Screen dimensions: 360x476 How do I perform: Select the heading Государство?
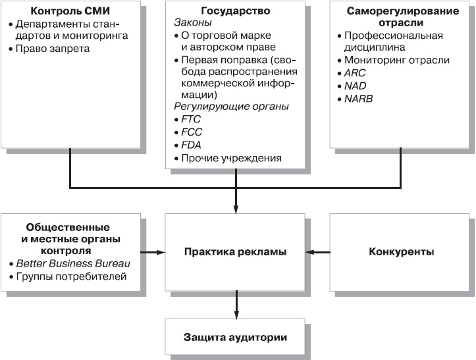236,12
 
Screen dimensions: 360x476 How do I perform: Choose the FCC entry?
192,132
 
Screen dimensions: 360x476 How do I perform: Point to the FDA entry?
192,145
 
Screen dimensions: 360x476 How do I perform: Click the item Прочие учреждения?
230,158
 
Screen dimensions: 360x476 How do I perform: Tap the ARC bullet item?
355,73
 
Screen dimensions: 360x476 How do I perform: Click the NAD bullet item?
355,86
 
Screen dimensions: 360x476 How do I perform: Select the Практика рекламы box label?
236,251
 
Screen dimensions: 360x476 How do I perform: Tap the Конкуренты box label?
401,251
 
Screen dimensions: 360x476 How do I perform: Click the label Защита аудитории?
236,338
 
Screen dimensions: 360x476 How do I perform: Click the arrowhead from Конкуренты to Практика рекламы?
311,251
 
